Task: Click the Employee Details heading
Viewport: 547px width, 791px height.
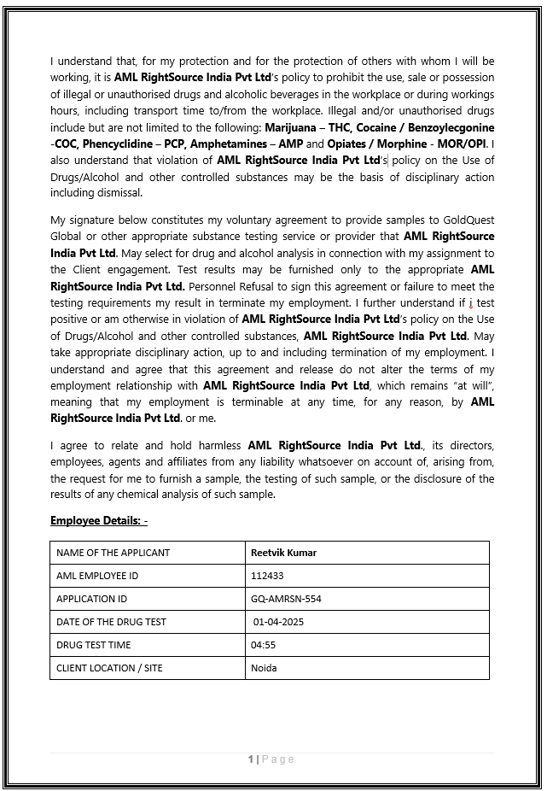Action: pos(99,520)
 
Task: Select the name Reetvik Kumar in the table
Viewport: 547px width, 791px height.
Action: pos(283,553)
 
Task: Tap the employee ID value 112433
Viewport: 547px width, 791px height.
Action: pos(267,576)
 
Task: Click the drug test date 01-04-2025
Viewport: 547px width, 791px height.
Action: pos(278,622)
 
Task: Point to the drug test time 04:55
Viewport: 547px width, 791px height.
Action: pos(263,645)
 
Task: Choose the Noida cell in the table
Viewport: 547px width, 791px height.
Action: pos(264,668)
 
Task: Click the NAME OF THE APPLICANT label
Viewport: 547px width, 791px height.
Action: pos(113,553)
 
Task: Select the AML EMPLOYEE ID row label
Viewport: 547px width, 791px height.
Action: pos(97,576)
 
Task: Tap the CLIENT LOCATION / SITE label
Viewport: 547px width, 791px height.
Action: pos(109,668)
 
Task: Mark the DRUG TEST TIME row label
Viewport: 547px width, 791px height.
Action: pos(94,645)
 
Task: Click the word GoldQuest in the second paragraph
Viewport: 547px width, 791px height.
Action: pos(469,220)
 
